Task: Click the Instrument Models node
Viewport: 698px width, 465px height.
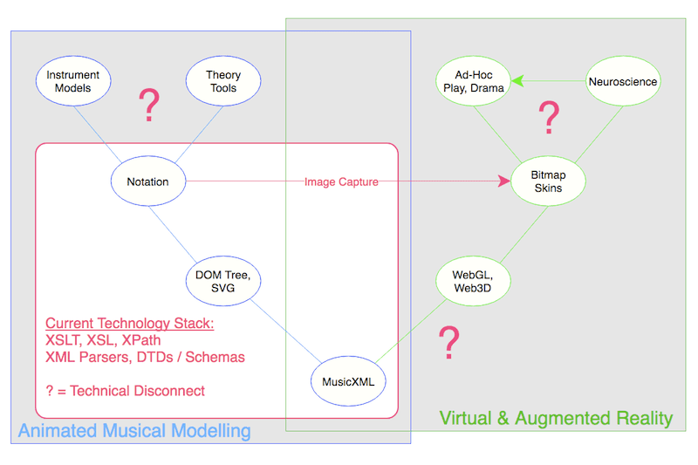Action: tap(72, 82)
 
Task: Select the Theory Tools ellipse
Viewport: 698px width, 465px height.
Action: tap(223, 82)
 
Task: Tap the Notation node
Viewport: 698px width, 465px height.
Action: tap(147, 181)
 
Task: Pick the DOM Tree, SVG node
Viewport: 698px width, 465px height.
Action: tap(223, 282)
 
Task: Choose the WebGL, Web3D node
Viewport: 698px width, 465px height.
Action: tap(472, 282)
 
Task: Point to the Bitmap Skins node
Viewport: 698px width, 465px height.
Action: tap(548, 181)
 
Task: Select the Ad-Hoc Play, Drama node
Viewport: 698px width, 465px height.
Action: tap(472, 82)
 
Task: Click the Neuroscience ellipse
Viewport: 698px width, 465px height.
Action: tap(623, 82)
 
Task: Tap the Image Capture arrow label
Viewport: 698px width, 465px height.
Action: tap(341, 181)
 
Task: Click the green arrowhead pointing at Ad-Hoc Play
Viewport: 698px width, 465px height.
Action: tap(517, 82)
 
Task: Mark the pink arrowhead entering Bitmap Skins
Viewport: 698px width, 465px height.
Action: tap(503, 181)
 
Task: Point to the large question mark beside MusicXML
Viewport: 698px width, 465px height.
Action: tap(448, 344)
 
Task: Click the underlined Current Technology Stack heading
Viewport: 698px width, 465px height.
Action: tap(129, 323)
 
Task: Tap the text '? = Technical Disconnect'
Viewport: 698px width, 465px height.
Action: tap(125, 391)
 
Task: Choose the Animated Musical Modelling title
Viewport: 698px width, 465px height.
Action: tap(134, 431)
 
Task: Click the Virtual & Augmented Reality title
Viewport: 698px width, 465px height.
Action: tap(556, 418)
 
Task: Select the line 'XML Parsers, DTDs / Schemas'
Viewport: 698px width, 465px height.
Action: tap(145, 357)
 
